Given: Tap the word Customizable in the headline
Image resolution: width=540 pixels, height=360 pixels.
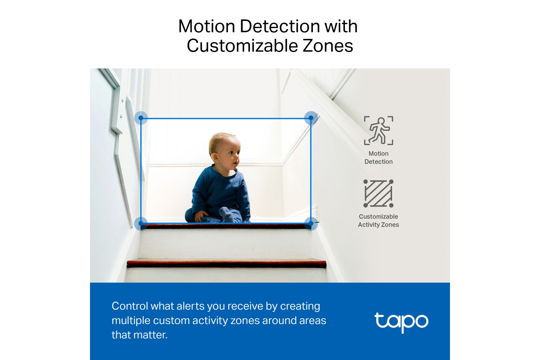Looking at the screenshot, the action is [x=243, y=46].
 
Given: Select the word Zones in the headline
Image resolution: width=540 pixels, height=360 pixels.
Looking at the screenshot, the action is [x=328, y=46].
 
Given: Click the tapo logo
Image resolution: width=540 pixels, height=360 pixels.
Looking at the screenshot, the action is [x=401, y=323].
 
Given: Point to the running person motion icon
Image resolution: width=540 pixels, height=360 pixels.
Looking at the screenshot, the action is [x=378, y=130].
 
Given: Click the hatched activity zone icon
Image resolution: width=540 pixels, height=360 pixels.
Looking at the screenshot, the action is [x=378, y=193].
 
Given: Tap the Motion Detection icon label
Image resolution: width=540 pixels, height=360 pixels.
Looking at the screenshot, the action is [x=378, y=157].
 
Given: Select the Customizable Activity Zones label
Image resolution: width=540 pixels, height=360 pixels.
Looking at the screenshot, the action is [x=378, y=220].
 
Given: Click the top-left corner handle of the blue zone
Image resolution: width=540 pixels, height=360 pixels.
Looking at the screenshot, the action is [x=141, y=118].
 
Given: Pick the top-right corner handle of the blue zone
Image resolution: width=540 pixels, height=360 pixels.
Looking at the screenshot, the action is [x=311, y=118].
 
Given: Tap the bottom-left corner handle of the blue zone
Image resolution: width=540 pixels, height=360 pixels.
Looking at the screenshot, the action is [x=141, y=224].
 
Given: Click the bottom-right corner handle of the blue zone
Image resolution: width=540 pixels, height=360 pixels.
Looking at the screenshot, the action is [x=311, y=224].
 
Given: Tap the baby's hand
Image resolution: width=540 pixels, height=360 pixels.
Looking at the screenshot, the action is [x=201, y=216].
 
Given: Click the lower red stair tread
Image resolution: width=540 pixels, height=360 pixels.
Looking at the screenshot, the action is [x=226, y=264].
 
